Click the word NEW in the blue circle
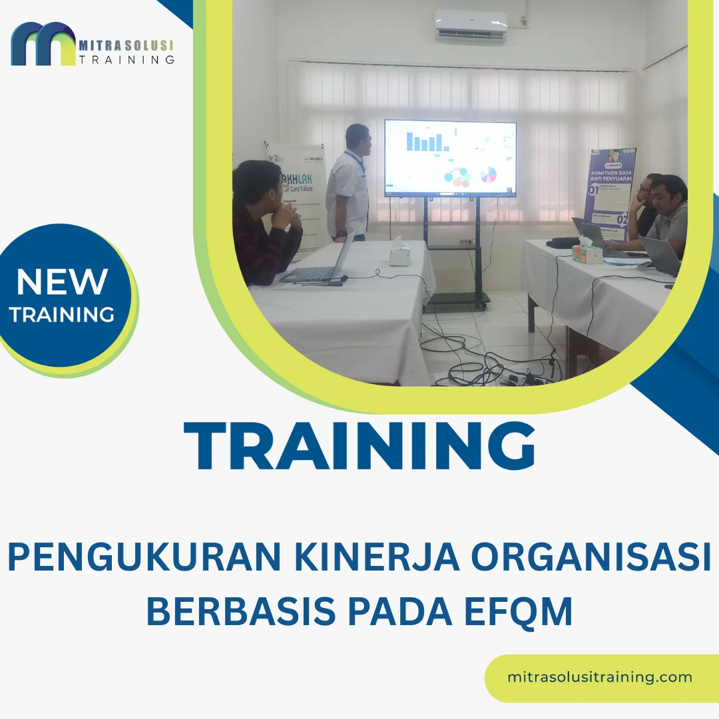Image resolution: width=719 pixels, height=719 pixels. (62, 282)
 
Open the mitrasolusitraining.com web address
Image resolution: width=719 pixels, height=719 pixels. (599, 678)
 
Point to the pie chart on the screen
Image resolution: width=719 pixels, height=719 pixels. (489, 174)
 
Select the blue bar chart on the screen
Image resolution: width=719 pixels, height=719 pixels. (426, 141)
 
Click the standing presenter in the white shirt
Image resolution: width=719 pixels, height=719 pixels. (349, 183)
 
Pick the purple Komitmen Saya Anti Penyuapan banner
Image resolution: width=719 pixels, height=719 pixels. (610, 193)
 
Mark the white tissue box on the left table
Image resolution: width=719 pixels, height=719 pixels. (399, 253)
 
